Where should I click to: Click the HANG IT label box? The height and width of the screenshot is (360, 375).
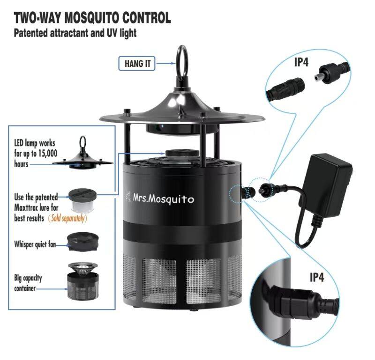click(137, 64)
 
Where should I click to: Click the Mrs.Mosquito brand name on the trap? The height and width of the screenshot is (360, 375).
click(163, 199)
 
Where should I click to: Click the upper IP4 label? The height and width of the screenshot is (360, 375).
click(301, 62)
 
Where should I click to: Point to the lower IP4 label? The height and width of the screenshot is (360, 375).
click(317, 277)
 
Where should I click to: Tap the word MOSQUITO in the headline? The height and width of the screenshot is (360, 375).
click(92, 17)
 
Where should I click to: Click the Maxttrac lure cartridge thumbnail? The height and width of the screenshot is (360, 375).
click(82, 201)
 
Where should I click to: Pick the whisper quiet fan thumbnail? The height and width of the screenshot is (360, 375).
click(83, 242)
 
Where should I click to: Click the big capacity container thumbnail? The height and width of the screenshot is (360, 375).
click(83, 281)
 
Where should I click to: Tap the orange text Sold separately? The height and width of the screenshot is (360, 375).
click(67, 218)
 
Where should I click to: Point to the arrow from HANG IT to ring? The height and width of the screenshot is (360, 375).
click(166, 63)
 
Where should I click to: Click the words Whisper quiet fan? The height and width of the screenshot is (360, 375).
click(35, 244)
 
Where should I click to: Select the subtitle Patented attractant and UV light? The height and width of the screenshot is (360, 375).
click(75, 33)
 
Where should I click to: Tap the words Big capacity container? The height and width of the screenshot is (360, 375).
click(28, 283)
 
